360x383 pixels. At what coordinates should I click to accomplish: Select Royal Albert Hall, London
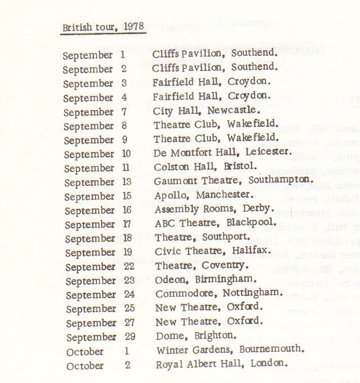[x=222, y=364]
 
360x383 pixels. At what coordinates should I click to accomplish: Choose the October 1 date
[x=98, y=352]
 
